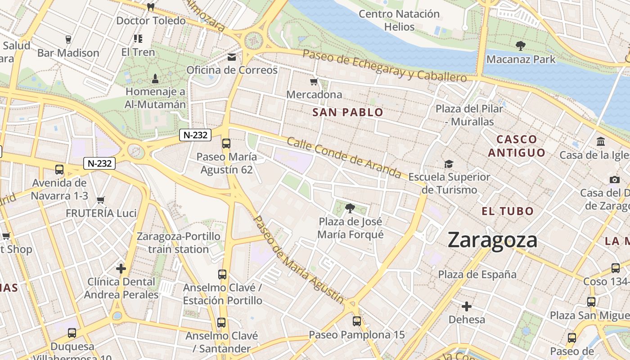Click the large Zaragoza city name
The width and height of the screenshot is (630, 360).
[x=492, y=240]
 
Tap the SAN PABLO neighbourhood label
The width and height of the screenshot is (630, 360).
[x=348, y=112]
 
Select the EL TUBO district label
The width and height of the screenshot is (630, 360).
[x=508, y=211]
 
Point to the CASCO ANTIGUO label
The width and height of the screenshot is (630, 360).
[x=517, y=146]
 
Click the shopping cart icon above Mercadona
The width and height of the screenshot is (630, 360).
[x=314, y=81]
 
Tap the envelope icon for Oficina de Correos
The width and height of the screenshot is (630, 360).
[x=232, y=57]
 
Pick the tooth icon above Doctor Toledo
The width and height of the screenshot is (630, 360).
[x=151, y=7]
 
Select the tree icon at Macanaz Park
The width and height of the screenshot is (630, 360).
[x=521, y=45]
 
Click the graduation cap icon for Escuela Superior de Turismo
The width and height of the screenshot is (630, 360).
[x=449, y=164]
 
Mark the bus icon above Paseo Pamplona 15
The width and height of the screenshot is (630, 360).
[x=357, y=321]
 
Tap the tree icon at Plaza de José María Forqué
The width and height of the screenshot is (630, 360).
[x=350, y=208]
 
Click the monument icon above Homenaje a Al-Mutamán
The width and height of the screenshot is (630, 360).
[x=155, y=79]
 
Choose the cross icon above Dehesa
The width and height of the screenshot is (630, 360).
[x=467, y=307]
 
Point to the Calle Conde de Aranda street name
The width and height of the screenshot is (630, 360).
[x=344, y=157]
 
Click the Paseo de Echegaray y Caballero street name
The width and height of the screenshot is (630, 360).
[x=385, y=66]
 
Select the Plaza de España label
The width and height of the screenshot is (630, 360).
[x=477, y=274]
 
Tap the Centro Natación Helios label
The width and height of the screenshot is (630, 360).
[x=399, y=20]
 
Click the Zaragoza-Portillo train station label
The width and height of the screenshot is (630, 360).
[x=179, y=243]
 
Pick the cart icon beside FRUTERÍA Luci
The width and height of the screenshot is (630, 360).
[x=101, y=200]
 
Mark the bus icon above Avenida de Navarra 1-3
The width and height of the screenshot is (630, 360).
[x=59, y=170]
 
